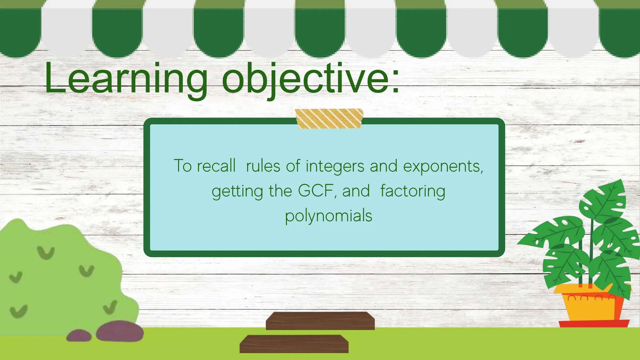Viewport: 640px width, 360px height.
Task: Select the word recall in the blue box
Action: coord(216,166)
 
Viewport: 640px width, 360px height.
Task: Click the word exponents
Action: coord(442,167)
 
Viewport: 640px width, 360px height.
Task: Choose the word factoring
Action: coord(412,191)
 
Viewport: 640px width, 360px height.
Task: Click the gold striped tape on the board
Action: coord(329,119)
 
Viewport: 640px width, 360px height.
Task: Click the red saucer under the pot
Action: coord(594,324)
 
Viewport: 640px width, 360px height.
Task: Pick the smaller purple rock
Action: coord(79,336)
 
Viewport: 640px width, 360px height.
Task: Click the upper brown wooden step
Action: coord(320,321)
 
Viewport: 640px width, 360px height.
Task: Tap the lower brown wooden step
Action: coord(294,344)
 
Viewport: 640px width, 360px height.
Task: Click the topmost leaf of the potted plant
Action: coord(605,200)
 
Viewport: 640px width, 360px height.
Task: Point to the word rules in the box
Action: coord(263,166)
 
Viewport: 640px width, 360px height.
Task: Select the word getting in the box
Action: coord(237,191)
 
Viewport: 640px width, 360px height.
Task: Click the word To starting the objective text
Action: coord(182,166)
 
